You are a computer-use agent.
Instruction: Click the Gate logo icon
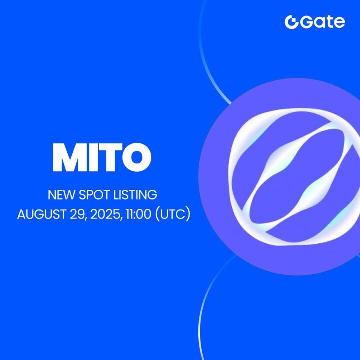pyautogui.click(x=291, y=22)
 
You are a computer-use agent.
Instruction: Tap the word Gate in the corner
pyautogui.click(x=323, y=22)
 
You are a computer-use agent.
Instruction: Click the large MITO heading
pyautogui.click(x=102, y=158)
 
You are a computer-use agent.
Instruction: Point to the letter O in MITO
pyautogui.click(x=136, y=158)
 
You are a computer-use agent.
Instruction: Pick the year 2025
pyautogui.click(x=104, y=215)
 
